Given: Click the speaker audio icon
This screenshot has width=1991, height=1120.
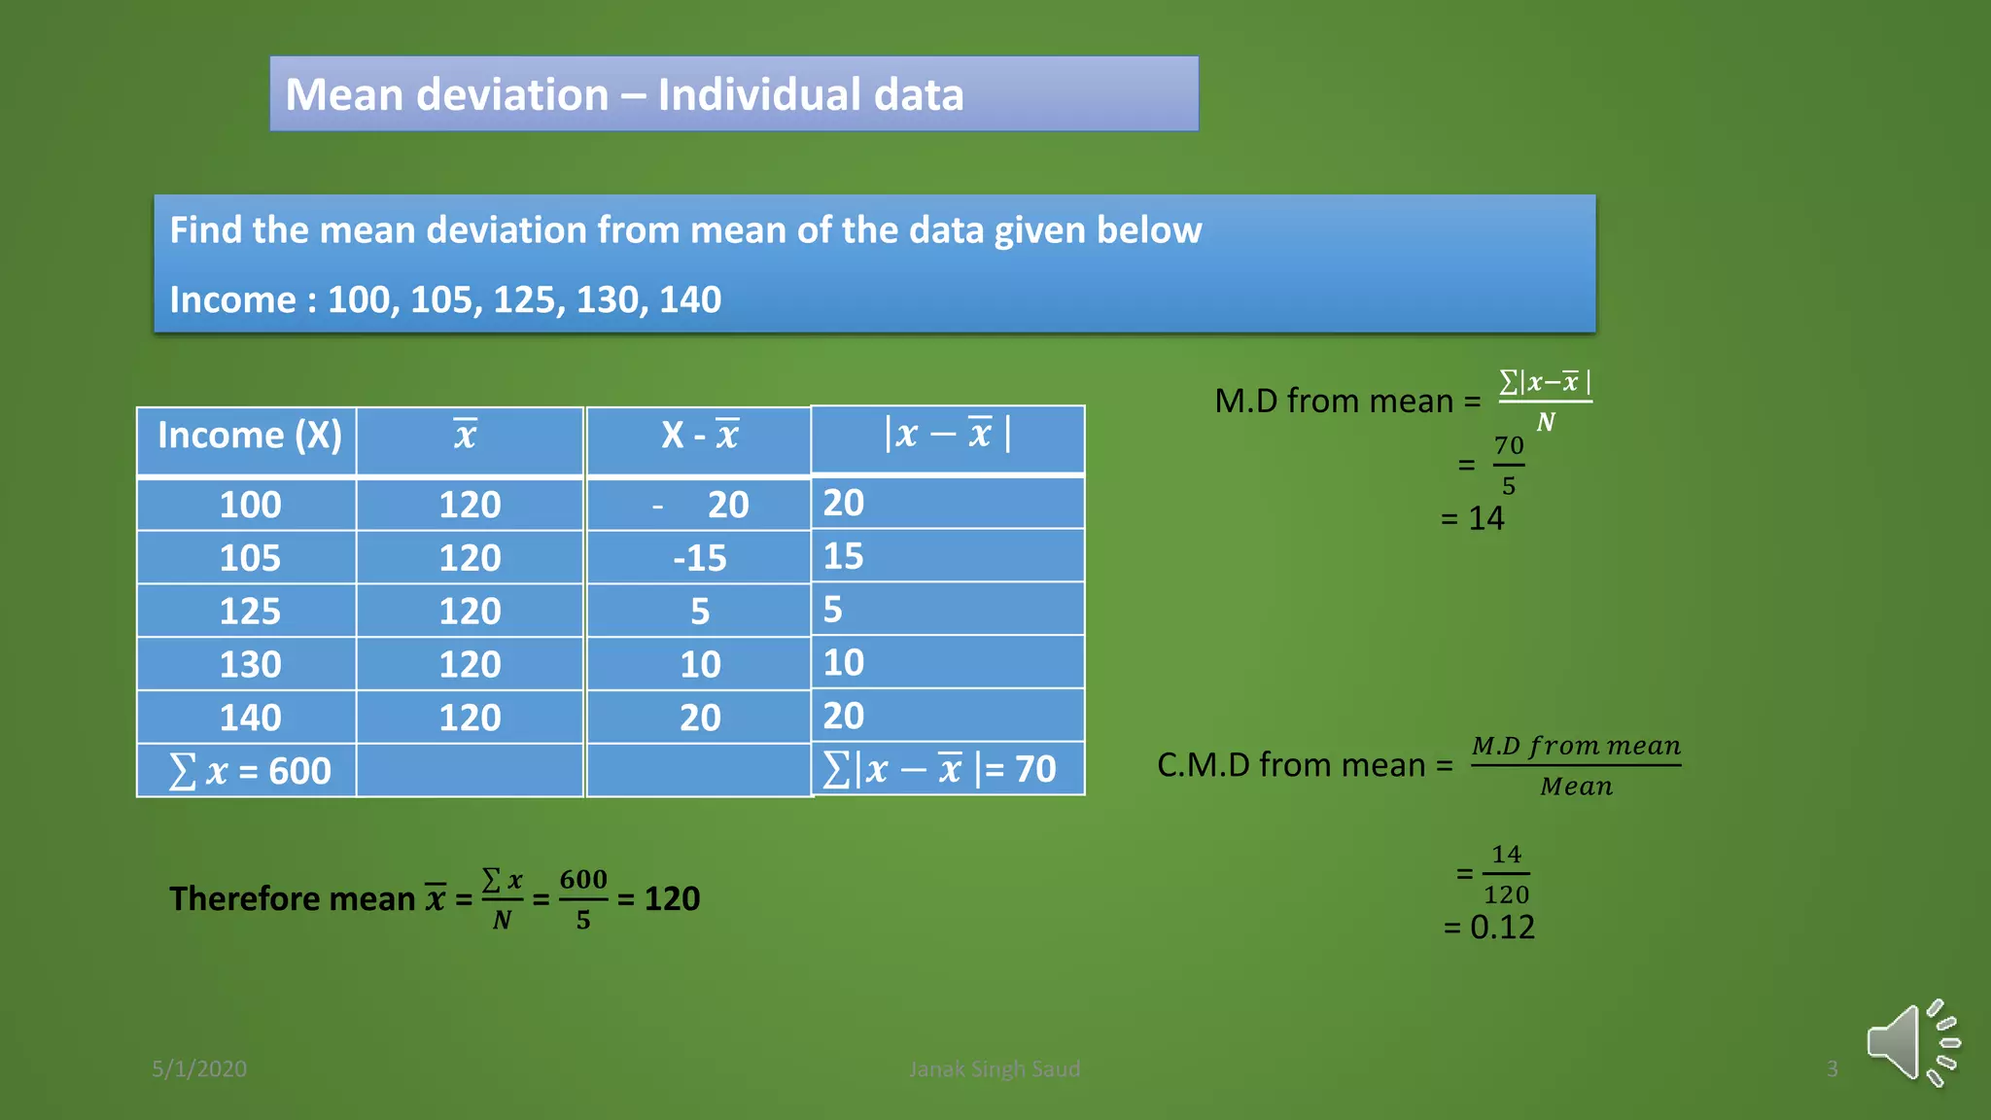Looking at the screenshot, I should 1910,1043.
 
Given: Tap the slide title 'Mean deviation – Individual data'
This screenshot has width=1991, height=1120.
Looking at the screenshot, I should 624,94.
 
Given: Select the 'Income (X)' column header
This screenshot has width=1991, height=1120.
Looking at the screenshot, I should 249,436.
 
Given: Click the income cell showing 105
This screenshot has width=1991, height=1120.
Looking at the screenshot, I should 250,558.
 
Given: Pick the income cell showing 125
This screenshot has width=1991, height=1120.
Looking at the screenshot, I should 250,612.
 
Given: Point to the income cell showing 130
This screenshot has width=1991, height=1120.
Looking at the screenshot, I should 250,665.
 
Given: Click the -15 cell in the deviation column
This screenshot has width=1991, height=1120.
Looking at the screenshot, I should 699,558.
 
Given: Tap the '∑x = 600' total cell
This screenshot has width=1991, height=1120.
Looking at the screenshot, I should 250,771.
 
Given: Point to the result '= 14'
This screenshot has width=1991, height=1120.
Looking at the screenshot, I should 1472,518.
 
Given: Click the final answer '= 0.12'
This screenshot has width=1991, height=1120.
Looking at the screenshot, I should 1488,927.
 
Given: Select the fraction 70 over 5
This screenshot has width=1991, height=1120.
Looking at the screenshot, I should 1508,466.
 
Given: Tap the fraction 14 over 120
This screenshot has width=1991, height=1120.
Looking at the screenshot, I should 1506,874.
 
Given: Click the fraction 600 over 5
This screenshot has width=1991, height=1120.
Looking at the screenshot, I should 583,898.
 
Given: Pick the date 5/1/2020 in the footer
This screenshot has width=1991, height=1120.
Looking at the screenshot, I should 199,1068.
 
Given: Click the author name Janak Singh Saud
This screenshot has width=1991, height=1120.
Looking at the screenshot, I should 994,1068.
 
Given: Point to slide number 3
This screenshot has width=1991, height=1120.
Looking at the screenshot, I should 1832,1068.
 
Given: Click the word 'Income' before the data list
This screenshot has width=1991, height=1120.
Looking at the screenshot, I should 232,299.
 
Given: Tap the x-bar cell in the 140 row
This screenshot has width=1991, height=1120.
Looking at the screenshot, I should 470,717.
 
